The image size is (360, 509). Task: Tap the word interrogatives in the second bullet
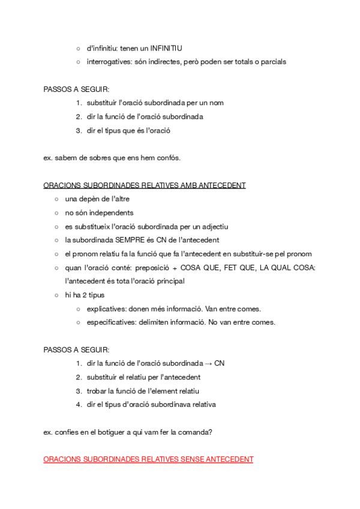(109, 61)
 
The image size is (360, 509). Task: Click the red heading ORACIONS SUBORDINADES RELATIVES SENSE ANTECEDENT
(148, 459)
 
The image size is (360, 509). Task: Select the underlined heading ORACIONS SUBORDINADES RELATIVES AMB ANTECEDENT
(145, 185)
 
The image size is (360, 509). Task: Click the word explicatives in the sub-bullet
(107, 309)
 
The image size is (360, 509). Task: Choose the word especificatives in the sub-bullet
(112, 322)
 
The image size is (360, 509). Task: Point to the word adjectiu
(214, 226)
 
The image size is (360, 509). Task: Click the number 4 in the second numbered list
(79, 404)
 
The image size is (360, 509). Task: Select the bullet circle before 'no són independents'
(56, 213)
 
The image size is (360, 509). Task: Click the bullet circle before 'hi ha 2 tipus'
(56, 295)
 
